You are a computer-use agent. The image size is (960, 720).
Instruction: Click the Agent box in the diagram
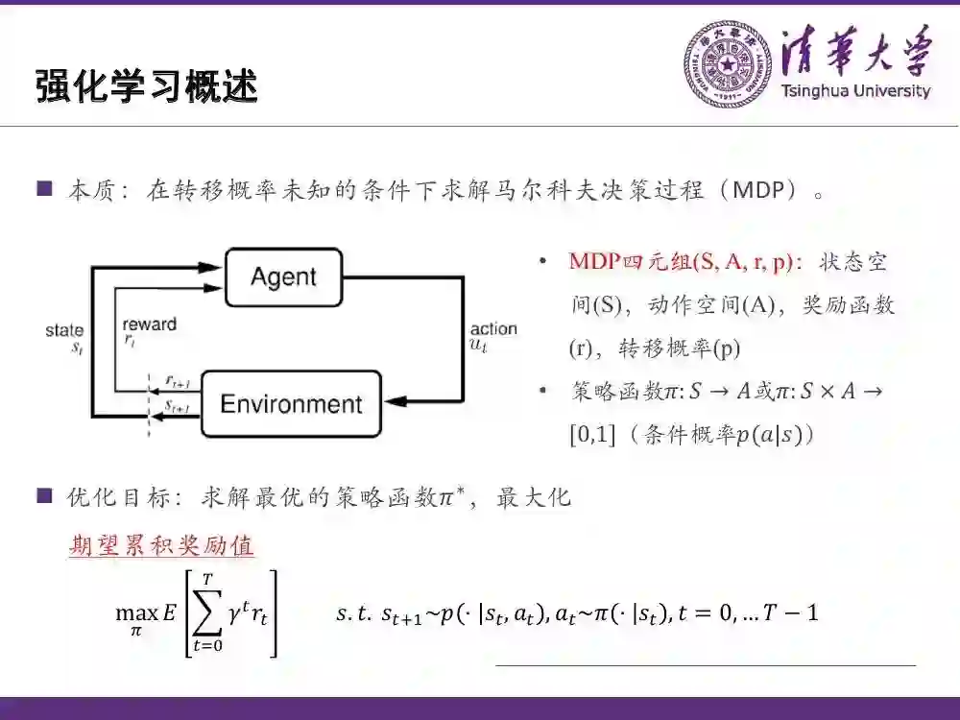(283, 277)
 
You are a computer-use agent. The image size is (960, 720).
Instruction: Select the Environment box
(291, 404)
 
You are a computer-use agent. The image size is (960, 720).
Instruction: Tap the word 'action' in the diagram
(493, 329)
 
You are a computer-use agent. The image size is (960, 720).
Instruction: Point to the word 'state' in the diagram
(64, 331)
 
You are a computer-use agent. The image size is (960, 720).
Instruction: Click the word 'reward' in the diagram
(149, 324)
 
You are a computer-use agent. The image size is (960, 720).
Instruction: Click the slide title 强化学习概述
(147, 86)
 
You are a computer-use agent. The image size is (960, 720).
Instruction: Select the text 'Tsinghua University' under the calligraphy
(855, 92)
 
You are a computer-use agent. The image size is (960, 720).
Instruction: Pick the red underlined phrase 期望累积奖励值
(161, 546)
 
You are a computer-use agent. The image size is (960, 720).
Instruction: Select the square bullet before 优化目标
(43, 496)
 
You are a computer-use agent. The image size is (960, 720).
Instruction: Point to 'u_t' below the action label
(477, 346)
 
